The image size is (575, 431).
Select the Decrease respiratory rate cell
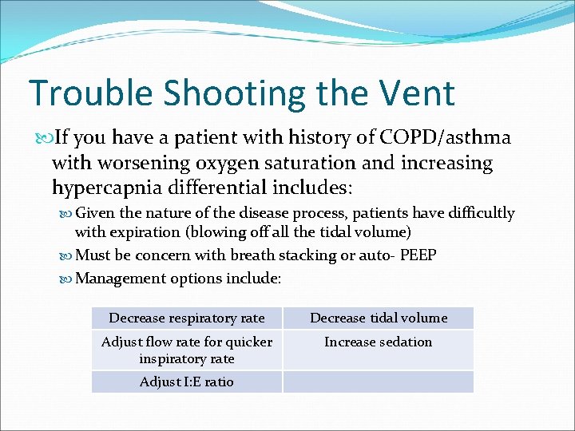(x=187, y=318)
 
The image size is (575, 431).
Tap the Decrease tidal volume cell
(x=378, y=318)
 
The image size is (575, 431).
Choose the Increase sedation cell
(x=378, y=342)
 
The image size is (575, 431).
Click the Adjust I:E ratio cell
(x=187, y=382)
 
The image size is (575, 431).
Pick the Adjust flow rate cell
(x=187, y=350)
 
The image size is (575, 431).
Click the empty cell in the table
(x=378, y=382)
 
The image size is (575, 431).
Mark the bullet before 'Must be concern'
(x=66, y=255)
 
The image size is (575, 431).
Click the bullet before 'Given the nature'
(x=66, y=213)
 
